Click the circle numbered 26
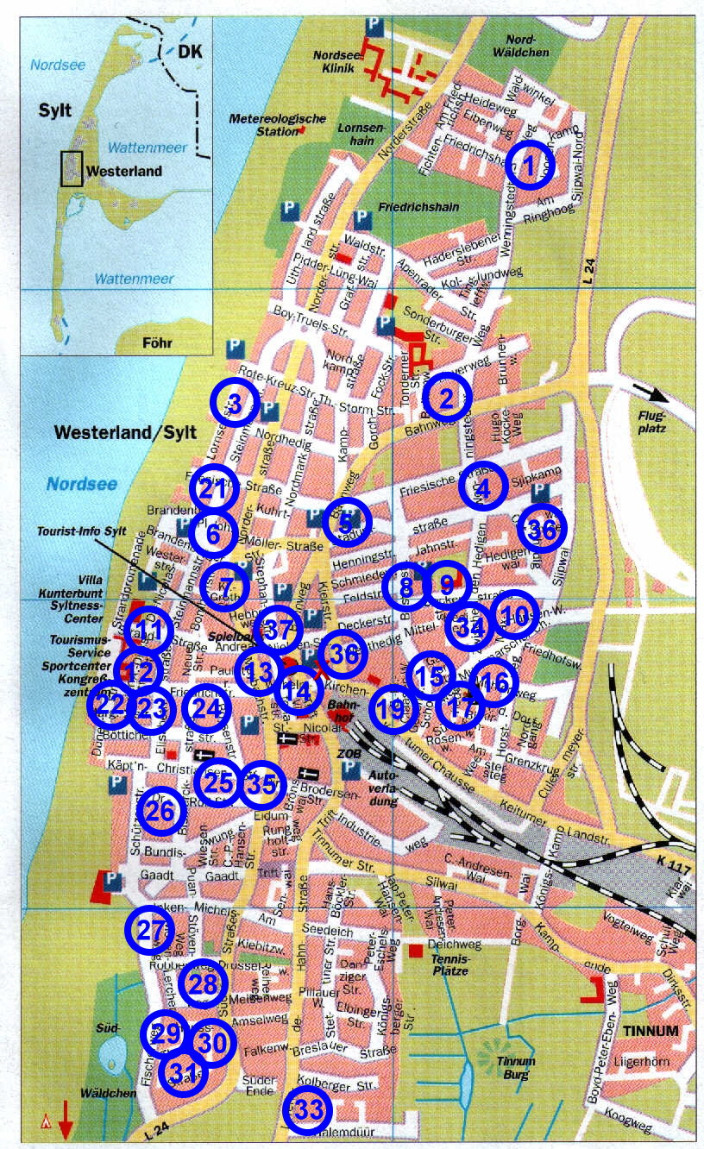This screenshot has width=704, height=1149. tap(161, 811)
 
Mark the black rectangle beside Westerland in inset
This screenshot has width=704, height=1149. tap(72, 168)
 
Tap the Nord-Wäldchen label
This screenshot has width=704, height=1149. tap(522, 47)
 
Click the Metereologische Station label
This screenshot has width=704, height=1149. tap(277, 124)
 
